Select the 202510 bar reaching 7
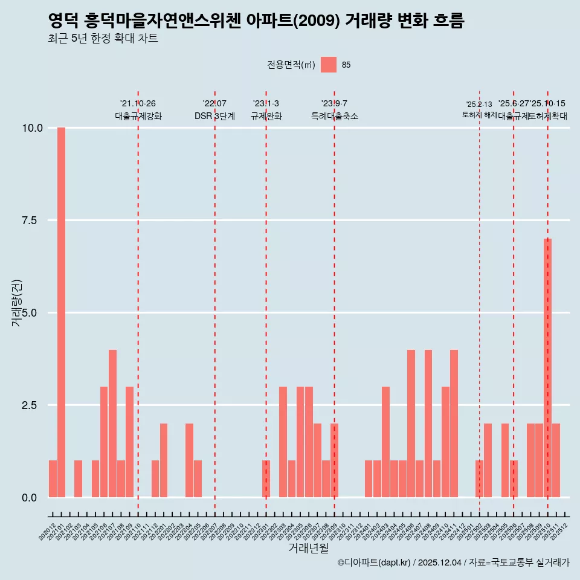pos(547,368)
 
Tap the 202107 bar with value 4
pos(112,424)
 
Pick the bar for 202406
pos(411,424)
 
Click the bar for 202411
pos(454,424)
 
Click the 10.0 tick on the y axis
pos(32,128)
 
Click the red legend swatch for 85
pos(328,65)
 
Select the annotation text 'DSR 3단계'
pos(214,117)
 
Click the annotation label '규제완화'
pos(266,117)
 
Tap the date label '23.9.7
pos(334,104)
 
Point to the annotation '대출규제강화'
pos(138,117)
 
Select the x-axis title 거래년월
pos(308,548)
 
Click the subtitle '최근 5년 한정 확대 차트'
pos(103,39)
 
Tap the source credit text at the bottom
pos(453,562)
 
